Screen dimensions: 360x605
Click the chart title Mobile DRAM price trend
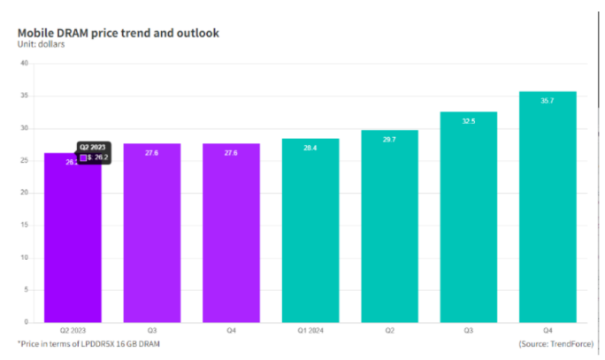[119, 33]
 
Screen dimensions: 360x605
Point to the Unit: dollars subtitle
[41, 45]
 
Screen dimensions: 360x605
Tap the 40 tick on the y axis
[24, 64]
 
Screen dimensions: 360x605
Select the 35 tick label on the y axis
[24, 96]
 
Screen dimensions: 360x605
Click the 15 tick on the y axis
[24, 226]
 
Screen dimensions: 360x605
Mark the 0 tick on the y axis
[27, 322]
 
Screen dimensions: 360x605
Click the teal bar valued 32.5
[468, 217]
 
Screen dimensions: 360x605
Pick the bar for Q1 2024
[309, 230]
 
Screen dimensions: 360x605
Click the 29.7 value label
[388, 140]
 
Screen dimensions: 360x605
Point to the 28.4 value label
[309, 149]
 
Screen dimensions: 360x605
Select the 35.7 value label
[548, 102]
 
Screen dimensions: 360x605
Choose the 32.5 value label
[468, 121]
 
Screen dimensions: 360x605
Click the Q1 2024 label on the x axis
[309, 332]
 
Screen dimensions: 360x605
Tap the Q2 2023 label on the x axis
[72, 332]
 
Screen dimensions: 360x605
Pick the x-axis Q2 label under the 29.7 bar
[388, 332]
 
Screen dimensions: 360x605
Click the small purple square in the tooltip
[83, 157]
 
